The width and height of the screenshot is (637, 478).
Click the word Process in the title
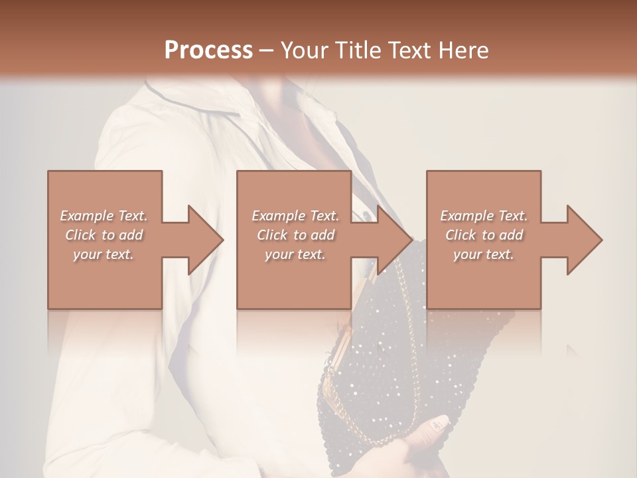point(208,50)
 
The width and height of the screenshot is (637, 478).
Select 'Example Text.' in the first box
point(104,216)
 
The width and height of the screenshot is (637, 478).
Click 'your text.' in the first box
point(104,254)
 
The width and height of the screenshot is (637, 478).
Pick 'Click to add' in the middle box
point(295,235)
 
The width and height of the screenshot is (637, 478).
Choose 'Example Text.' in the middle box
point(295,216)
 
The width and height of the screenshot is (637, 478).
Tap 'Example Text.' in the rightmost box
point(484,216)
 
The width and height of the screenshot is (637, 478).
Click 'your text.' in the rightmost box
point(484,254)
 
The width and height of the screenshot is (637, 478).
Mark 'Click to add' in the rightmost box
point(484,235)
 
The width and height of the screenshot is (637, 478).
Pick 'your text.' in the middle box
point(295,254)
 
